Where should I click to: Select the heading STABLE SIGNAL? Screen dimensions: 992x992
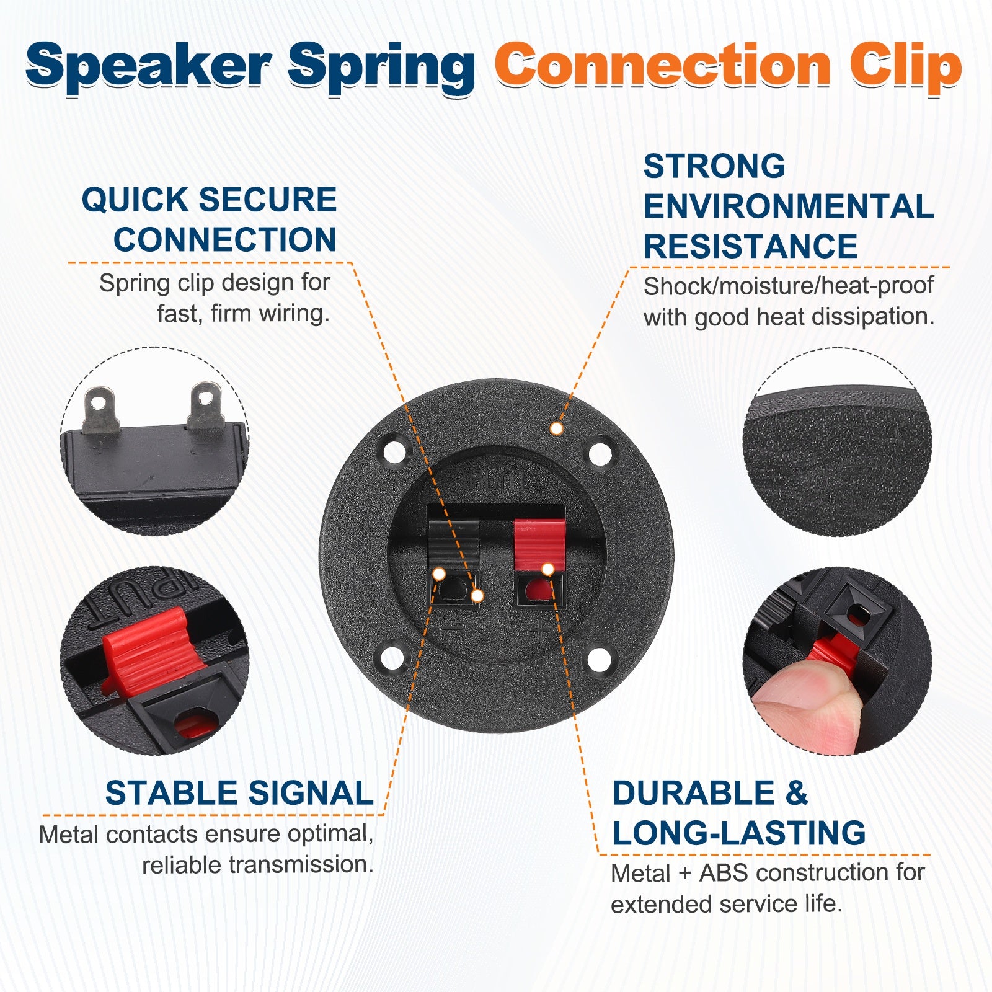click(239, 793)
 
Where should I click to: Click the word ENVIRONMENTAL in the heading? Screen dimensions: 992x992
click(789, 206)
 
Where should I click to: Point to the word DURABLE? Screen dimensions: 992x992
click(693, 793)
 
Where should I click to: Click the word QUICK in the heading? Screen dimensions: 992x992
click(135, 200)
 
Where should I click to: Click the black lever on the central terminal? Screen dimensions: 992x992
click(454, 544)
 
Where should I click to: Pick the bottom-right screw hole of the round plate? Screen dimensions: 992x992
click(600, 659)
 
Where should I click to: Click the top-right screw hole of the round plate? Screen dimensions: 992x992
click(600, 453)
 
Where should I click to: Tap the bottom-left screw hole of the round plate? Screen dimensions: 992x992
click(393, 659)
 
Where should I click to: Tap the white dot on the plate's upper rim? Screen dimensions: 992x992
click(557, 428)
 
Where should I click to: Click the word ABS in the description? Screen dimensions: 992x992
click(723, 873)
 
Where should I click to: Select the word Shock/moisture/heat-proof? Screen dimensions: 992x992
click(788, 286)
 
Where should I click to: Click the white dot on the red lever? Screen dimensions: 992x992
click(547, 569)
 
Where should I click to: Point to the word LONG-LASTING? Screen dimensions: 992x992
click(739, 833)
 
